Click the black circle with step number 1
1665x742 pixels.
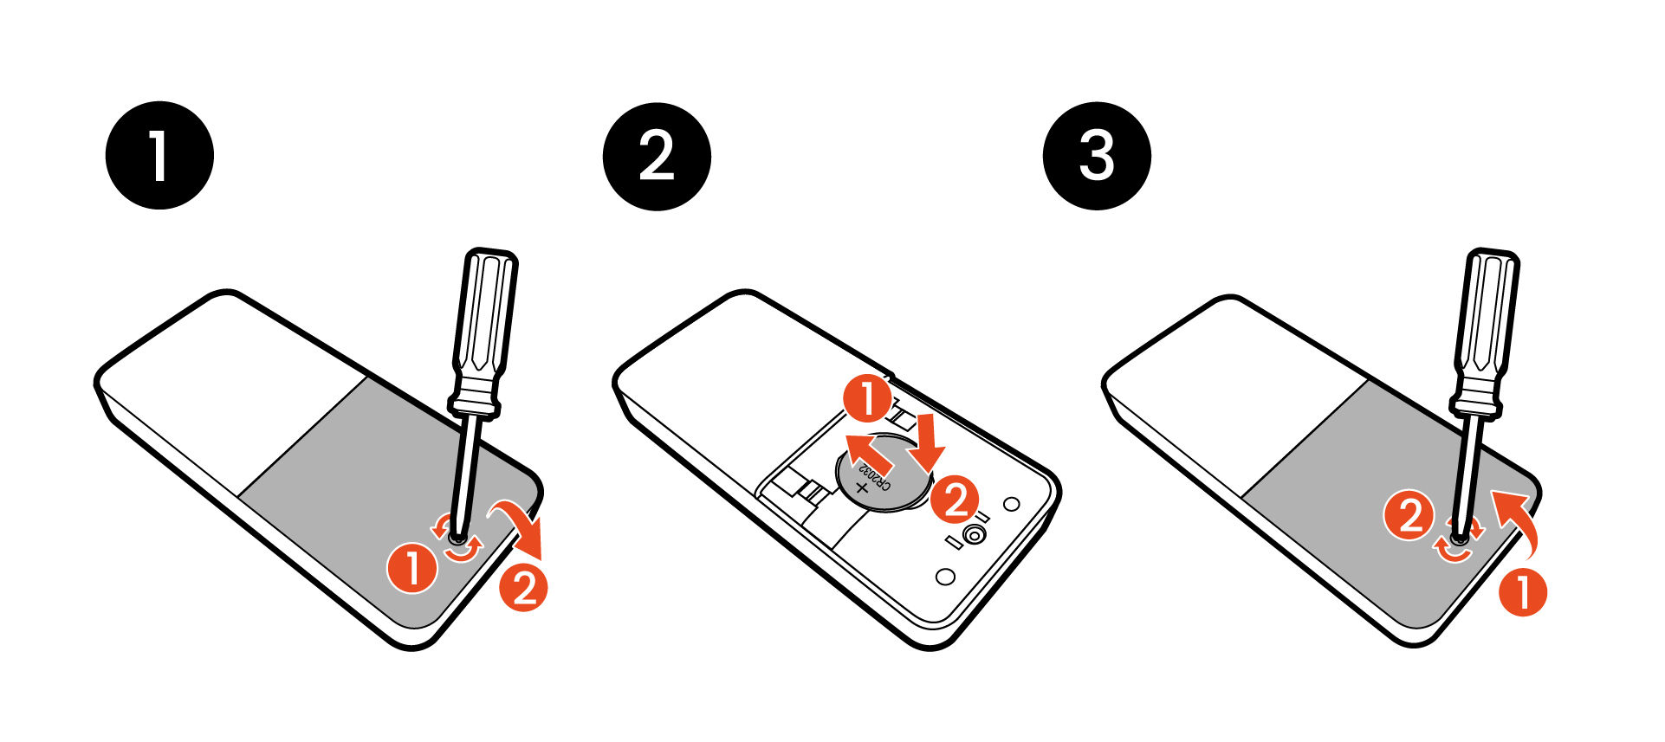point(159,156)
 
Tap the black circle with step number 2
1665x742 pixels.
point(657,156)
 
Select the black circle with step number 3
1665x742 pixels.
point(1097,156)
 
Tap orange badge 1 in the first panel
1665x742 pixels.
point(413,568)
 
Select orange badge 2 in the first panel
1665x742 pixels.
point(524,588)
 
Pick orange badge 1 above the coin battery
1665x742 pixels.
point(867,400)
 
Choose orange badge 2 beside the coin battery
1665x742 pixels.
point(956,500)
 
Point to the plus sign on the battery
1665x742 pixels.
point(861,489)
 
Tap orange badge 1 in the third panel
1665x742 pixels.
point(1522,591)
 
